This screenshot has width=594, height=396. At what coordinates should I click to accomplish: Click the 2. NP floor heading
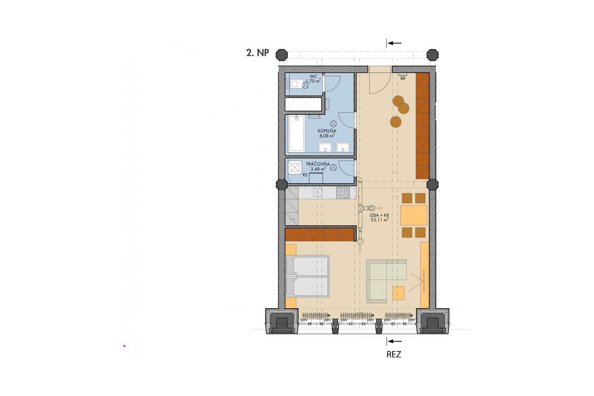258,53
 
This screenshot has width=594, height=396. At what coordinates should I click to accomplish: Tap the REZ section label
394,355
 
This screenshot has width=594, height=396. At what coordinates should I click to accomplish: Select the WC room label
314,77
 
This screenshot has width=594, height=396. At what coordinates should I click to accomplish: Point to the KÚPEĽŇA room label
327,131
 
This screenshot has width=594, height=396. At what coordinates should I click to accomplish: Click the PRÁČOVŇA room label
318,164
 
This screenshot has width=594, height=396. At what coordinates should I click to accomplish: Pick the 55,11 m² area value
380,220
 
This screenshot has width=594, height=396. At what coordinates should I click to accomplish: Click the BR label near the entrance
403,79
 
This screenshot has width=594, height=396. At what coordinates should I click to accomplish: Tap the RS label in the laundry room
305,175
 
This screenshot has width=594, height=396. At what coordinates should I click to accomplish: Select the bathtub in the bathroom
297,133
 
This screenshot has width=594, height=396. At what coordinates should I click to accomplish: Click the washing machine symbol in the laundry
295,167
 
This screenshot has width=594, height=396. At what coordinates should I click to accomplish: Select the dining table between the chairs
414,215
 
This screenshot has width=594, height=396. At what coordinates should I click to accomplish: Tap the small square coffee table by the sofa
399,293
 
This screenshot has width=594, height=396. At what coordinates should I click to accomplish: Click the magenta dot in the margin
124,346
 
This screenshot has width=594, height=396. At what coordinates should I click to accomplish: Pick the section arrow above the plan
394,43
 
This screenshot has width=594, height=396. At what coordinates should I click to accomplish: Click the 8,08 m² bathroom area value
327,135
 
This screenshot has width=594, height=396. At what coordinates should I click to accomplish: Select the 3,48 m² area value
318,169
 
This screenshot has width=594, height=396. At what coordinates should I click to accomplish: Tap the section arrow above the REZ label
394,341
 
